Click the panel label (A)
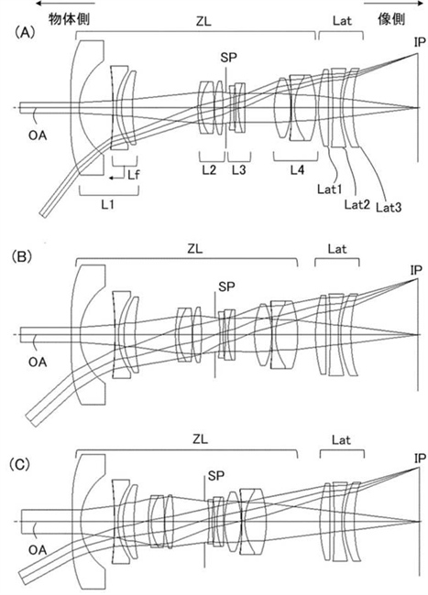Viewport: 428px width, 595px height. (x=25, y=33)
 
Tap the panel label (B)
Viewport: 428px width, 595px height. (x=22, y=257)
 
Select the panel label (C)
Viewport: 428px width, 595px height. (x=21, y=464)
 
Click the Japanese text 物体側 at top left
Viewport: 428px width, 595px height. (x=69, y=18)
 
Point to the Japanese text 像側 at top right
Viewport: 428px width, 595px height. (x=391, y=18)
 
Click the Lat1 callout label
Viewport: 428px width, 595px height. (x=330, y=189)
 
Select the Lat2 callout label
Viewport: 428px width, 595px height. (x=357, y=204)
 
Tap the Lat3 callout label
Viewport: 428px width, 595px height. (x=389, y=207)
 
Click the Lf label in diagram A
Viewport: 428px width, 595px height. (x=133, y=174)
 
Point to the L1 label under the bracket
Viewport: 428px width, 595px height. (x=107, y=204)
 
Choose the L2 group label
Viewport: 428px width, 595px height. (x=209, y=170)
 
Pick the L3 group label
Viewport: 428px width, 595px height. (x=239, y=170)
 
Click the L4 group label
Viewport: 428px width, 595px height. (x=297, y=170)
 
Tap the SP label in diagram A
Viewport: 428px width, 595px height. (x=228, y=58)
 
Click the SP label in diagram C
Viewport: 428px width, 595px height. (x=216, y=475)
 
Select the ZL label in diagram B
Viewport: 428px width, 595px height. (x=195, y=249)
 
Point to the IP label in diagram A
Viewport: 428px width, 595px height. (x=420, y=42)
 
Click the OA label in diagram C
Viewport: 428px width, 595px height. (x=38, y=549)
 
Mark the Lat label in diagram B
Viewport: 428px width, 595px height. (x=337, y=249)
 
